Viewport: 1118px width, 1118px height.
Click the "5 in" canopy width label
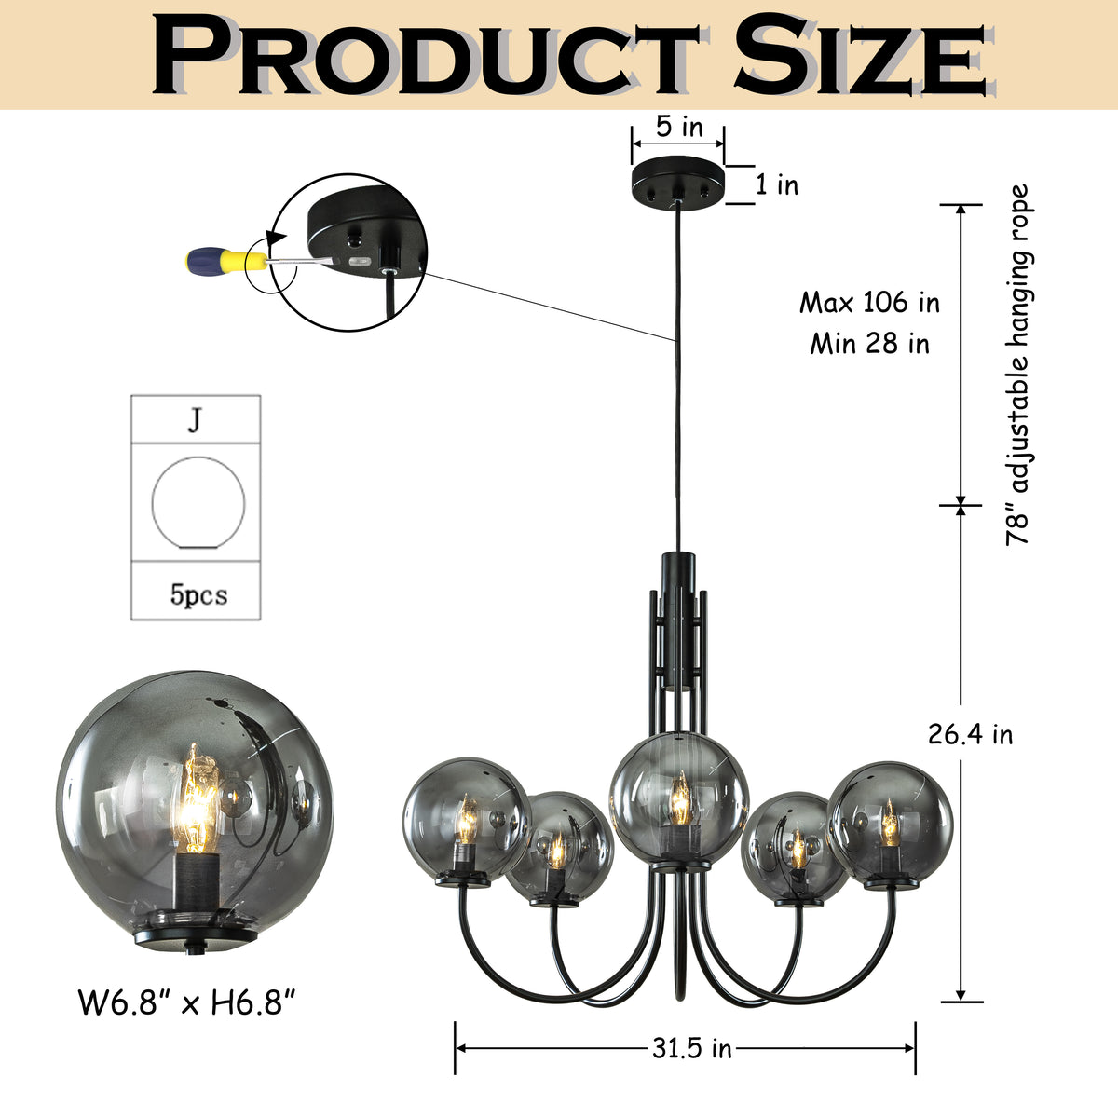pyautogui.click(x=678, y=127)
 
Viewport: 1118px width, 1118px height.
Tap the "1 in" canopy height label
pyautogui.click(x=776, y=184)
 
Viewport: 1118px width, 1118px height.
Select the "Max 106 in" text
pyautogui.click(x=869, y=303)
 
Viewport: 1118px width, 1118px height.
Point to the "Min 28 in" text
pyautogui.click(x=869, y=344)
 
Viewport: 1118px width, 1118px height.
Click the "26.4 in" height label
pyautogui.click(x=970, y=734)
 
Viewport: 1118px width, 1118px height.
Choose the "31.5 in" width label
pyautogui.click(x=691, y=1049)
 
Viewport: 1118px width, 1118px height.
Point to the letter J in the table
pyautogui.click(x=194, y=420)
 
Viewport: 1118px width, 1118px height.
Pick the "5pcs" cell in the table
pyautogui.click(x=198, y=593)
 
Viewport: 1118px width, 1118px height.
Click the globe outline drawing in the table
pyautogui.click(x=198, y=503)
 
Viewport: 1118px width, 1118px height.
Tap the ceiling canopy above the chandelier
pyautogui.click(x=678, y=182)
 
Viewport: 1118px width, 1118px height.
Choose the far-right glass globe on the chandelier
pyautogui.click(x=891, y=820)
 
